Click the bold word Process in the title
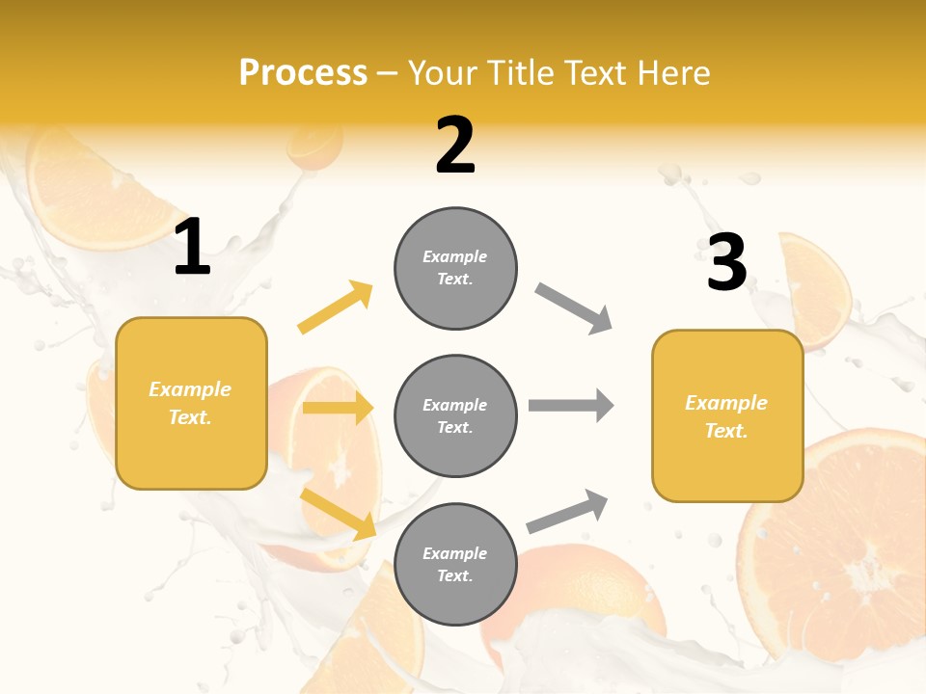click(x=303, y=73)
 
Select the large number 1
click(x=192, y=248)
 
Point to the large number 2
click(x=455, y=146)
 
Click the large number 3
click(x=726, y=262)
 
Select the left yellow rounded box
click(x=191, y=403)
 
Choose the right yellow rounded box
click(x=727, y=416)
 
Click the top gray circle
click(x=455, y=268)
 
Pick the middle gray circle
click(x=455, y=415)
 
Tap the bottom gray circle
click(x=455, y=564)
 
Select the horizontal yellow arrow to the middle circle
click(x=338, y=408)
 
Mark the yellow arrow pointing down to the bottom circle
click(x=338, y=513)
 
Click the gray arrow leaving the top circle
click(x=574, y=308)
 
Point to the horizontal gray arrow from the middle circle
click(x=571, y=405)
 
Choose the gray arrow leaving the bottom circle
click(x=567, y=512)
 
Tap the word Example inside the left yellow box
click(x=190, y=389)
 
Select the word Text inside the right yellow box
click(x=724, y=431)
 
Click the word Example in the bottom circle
click(x=455, y=553)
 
